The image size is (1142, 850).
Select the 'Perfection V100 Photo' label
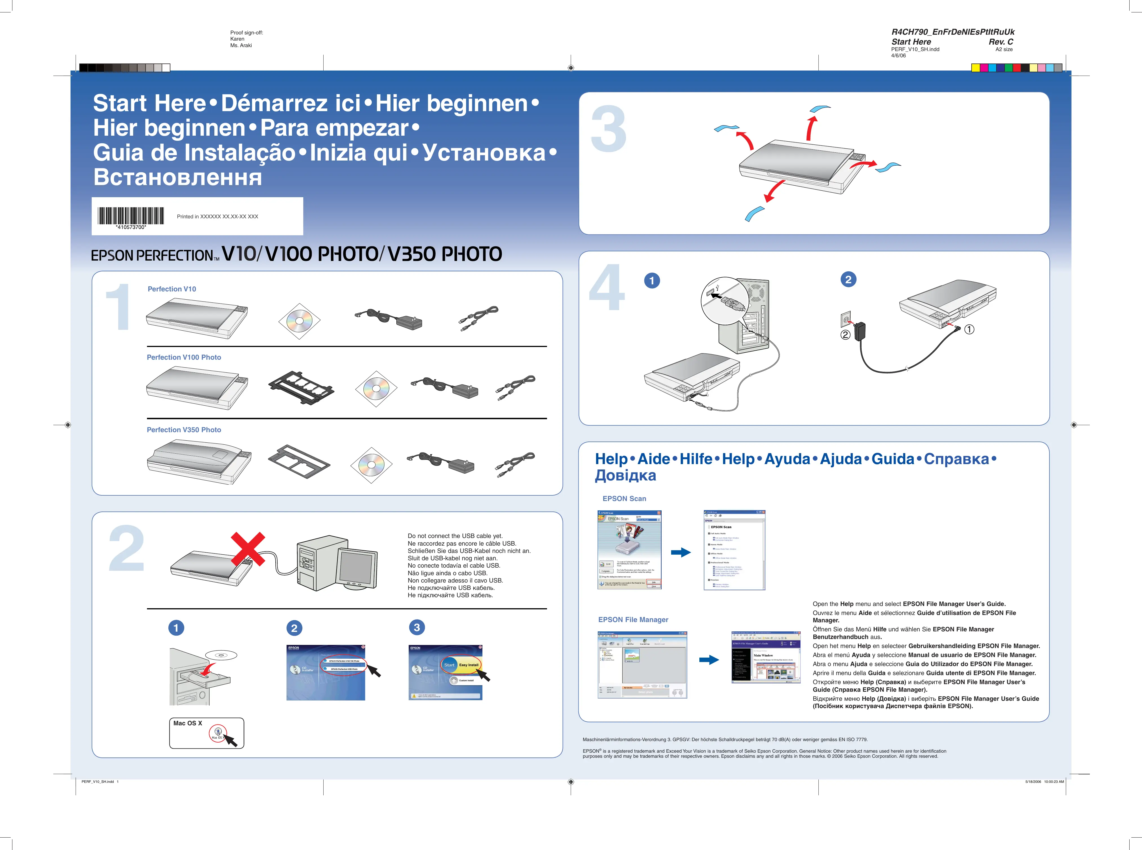tap(184, 357)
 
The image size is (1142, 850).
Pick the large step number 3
tap(609, 130)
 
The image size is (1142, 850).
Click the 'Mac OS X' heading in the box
tap(188, 723)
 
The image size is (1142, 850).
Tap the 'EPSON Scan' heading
tap(624, 498)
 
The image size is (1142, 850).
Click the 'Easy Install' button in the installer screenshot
tap(468, 665)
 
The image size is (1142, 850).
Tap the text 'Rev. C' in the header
tap(1001, 42)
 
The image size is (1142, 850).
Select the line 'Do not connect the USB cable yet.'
tap(455, 536)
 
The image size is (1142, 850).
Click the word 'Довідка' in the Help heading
tap(625, 475)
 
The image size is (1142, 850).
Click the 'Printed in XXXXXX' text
tap(217, 217)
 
